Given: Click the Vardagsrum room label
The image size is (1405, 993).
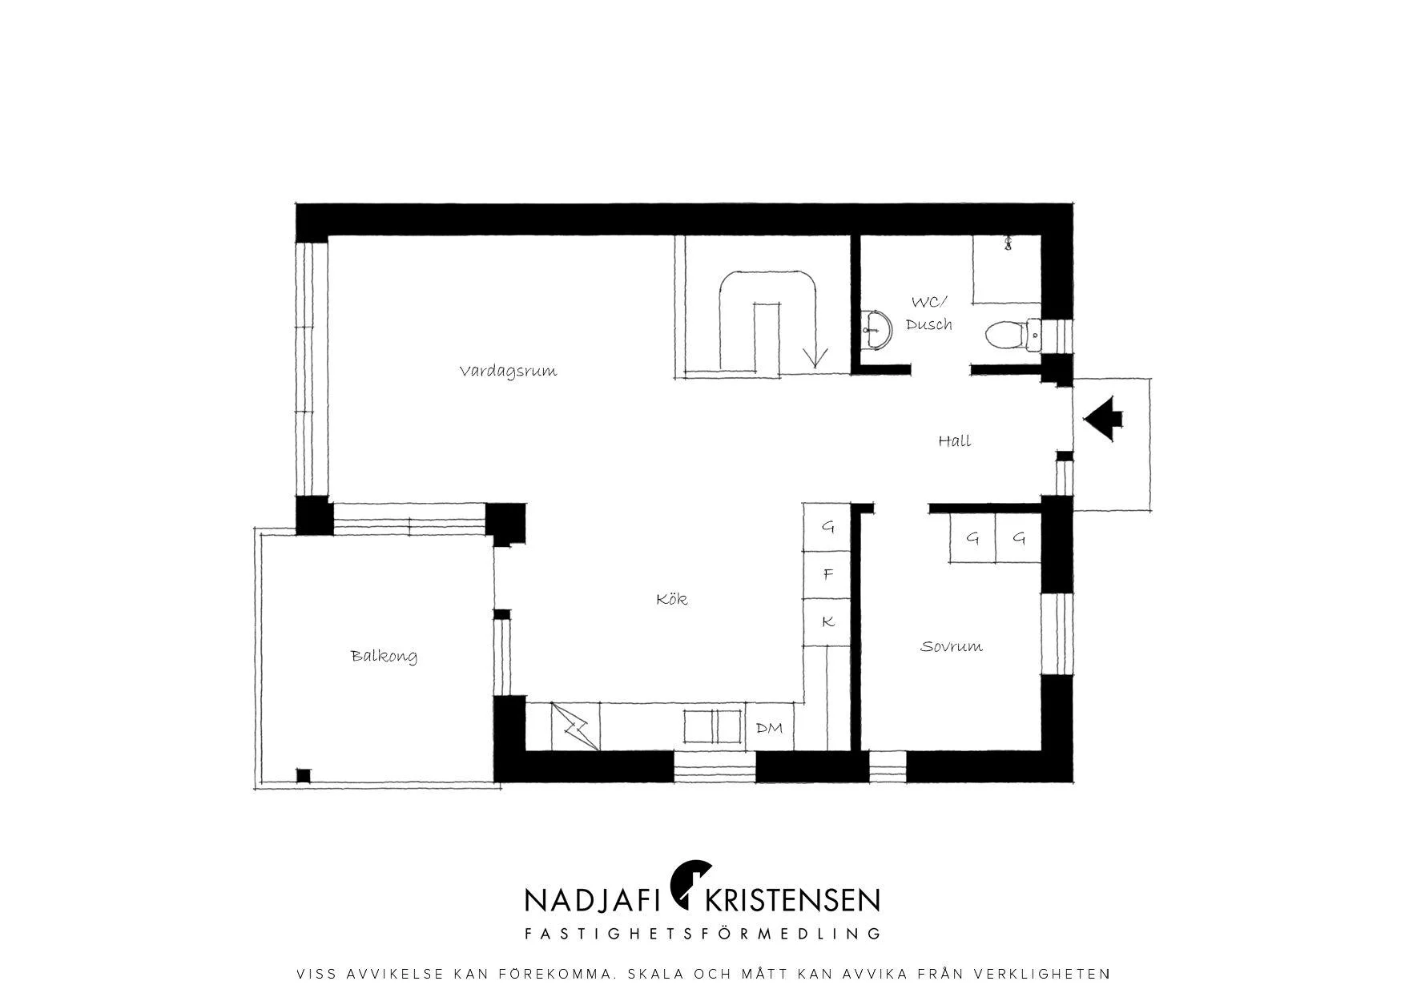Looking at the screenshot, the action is point(508,371).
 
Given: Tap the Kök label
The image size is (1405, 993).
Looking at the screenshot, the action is point(671,598).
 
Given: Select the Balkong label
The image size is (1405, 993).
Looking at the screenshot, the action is point(384,656).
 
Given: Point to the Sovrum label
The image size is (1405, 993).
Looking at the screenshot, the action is point(951,646).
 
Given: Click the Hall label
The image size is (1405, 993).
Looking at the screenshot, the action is point(954,440).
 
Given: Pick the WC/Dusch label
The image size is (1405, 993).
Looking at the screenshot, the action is point(929,313).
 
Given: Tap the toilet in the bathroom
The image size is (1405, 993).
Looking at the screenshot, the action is point(1012,335).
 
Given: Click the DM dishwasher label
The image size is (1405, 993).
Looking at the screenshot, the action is point(769,728).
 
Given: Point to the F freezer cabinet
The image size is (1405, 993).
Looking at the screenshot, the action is point(828,574).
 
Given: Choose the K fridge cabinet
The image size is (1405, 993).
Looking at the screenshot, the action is point(828,621).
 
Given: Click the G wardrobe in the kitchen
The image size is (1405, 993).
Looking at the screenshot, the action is point(828,527).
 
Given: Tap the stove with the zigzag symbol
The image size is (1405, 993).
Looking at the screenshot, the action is point(575,727).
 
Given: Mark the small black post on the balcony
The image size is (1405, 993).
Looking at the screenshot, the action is point(303,775).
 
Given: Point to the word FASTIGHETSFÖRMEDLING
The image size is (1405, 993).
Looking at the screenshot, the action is point(702,934).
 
